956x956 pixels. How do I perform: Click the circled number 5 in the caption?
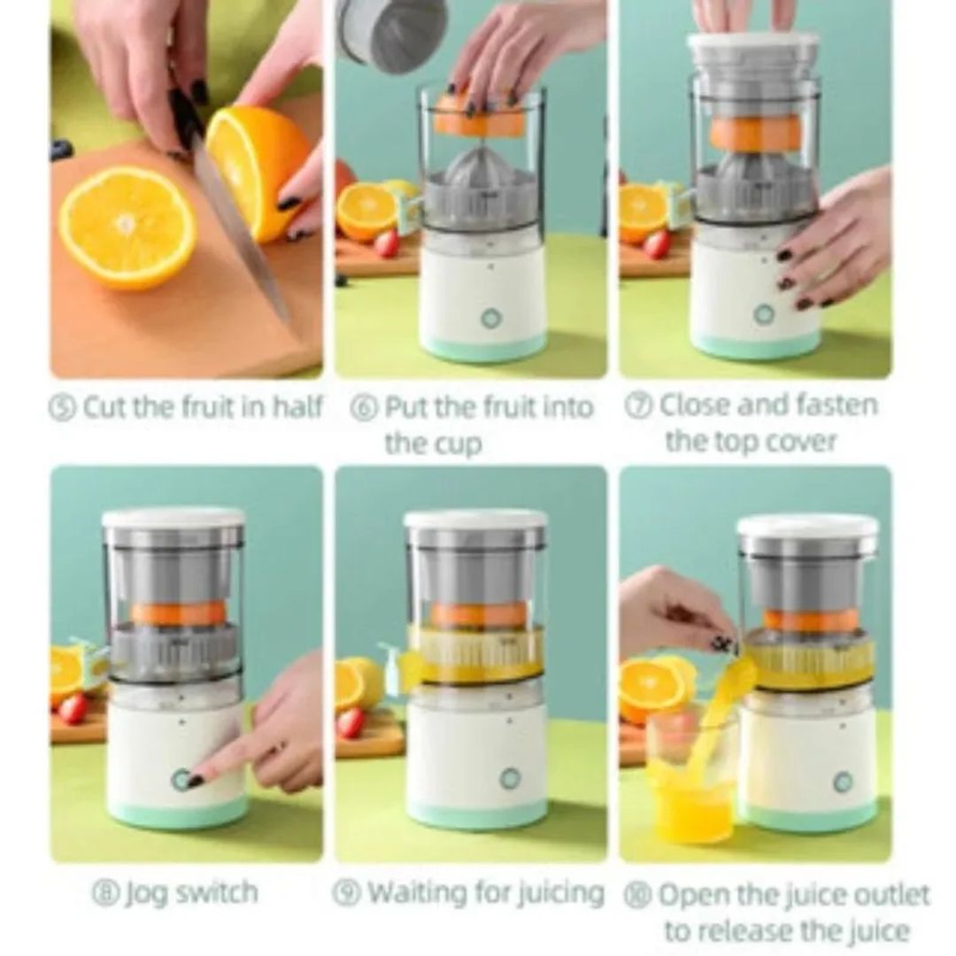tap(62, 409)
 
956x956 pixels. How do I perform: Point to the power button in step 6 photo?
tap(489, 317)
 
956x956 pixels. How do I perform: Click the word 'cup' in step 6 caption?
tap(458, 443)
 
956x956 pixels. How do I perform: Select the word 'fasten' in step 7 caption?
tap(823, 405)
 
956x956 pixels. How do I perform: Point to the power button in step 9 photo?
tap(510, 778)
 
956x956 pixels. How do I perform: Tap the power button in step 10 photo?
tap(842, 781)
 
